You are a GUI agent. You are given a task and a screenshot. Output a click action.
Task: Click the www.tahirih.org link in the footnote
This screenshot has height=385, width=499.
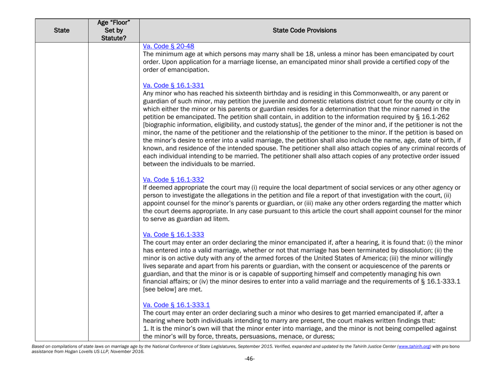pyautogui.click(x=423, y=357)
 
